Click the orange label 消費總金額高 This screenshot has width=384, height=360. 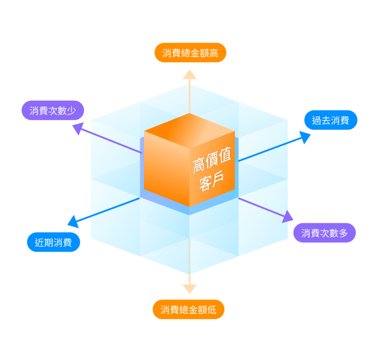[190, 53]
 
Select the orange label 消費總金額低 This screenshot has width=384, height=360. [188, 310]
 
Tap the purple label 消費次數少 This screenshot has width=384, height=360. [53, 110]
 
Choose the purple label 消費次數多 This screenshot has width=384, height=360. [325, 233]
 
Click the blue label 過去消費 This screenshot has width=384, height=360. [331, 120]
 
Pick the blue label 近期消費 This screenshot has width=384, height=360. [53, 242]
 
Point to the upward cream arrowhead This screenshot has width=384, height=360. [190, 74]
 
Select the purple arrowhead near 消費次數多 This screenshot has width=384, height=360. [287, 217]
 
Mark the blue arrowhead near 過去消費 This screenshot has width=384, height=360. [304, 137]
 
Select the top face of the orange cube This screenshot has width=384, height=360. [190, 127]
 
